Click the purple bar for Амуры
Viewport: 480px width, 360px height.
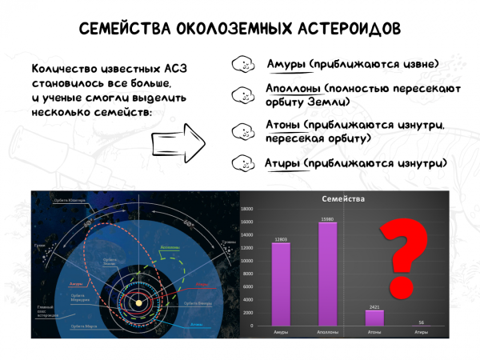(x=280, y=284)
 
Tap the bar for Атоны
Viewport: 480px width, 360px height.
(x=374, y=318)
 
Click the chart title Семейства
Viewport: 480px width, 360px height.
(x=344, y=198)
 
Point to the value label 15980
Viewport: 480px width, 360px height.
(x=328, y=218)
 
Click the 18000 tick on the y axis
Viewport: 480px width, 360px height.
(x=250, y=208)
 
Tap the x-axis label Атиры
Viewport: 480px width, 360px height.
(x=421, y=331)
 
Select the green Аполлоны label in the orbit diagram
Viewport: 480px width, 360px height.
(x=169, y=248)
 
